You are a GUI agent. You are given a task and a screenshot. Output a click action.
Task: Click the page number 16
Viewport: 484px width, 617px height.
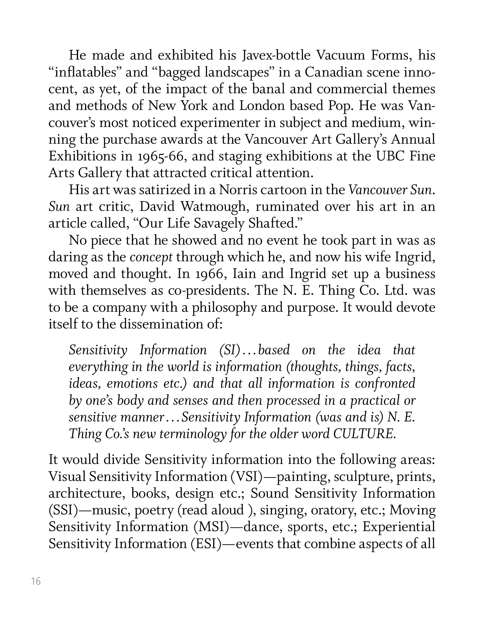[36, 581]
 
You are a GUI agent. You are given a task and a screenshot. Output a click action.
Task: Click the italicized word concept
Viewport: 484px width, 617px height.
[151, 257]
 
